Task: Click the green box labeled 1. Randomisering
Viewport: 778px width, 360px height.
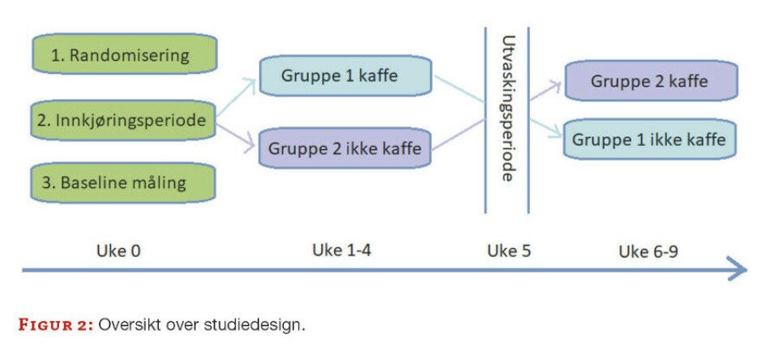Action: tap(123, 56)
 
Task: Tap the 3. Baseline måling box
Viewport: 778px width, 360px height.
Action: tap(123, 182)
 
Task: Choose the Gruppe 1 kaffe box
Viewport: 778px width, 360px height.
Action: tap(340, 75)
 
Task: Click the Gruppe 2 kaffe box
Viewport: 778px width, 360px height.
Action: tap(649, 81)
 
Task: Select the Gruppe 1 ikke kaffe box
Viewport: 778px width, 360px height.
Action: tap(649, 139)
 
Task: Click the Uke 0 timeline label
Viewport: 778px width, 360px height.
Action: tap(123, 251)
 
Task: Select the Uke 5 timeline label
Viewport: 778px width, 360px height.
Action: tap(508, 251)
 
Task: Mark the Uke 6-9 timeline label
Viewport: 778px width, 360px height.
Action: tap(648, 251)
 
